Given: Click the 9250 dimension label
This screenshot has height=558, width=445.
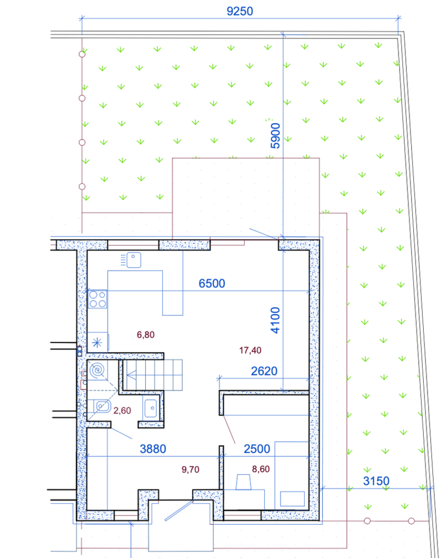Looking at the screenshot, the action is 240,11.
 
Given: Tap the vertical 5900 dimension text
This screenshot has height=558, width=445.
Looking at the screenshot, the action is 275,136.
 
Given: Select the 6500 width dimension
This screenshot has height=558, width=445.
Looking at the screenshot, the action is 212,283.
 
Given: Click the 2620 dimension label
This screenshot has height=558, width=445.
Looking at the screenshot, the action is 264,371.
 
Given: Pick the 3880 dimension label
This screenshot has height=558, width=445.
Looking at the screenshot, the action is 153,449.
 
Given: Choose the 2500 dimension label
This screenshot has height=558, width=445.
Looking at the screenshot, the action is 257,449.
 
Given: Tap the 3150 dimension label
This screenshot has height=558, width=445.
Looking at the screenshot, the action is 376,481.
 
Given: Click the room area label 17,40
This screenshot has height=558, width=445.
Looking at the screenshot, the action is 250,350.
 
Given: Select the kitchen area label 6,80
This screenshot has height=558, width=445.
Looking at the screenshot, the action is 146,335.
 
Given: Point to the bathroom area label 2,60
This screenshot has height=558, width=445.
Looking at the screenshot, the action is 122,410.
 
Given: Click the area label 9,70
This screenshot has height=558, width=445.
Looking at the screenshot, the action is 190,469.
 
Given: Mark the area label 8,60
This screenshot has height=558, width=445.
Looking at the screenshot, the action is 261,469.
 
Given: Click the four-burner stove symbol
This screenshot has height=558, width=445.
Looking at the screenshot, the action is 98,299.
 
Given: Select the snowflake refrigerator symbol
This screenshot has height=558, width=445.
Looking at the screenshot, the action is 97,343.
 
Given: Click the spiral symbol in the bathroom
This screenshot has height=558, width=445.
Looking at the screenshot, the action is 97,370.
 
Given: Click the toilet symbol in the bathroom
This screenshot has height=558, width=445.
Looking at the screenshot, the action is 102,406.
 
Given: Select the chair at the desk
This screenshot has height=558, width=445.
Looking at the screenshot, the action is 244,482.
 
